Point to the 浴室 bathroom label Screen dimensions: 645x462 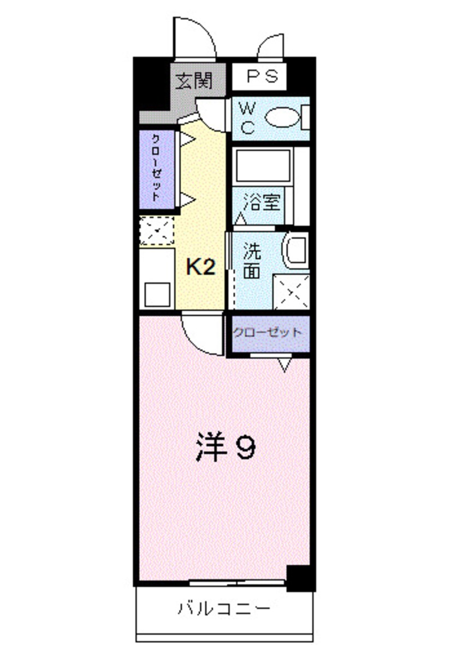tap(264, 203)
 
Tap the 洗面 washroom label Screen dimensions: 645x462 tap(252, 261)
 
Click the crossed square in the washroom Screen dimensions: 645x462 tap(291, 291)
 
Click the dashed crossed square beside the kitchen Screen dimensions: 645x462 tap(156, 230)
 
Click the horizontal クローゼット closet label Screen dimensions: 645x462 tap(268, 333)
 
